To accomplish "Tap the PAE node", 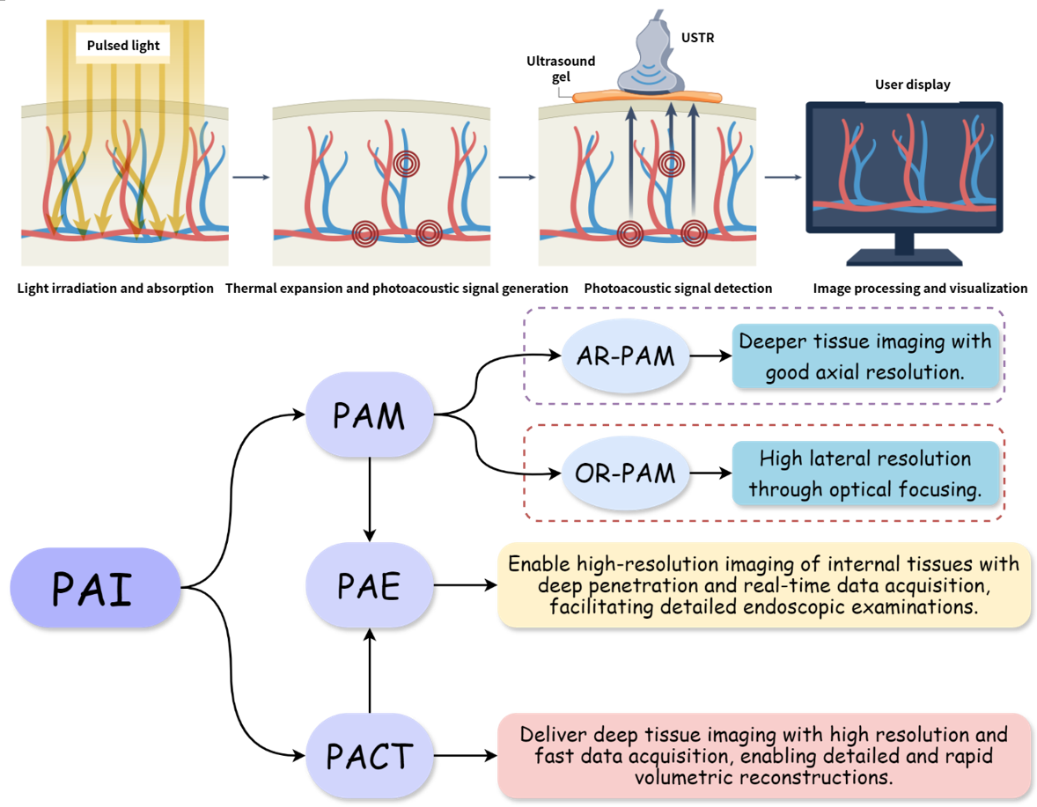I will (x=370, y=584).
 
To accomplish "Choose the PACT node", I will (x=370, y=755).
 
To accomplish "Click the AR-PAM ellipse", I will (x=625, y=356).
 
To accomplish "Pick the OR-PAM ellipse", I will (x=625, y=474).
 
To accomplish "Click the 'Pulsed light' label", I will (x=123, y=46).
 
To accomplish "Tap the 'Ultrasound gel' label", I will (x=561, y=69).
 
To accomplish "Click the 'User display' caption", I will (x=912, y=84).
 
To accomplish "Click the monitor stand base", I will (x=904, y=257).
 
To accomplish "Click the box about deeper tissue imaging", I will (x=866, y=356).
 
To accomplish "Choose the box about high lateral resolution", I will (x=866, y=473).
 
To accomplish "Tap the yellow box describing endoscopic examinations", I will (x=764, y=585).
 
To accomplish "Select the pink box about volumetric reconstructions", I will (x=764, y=755).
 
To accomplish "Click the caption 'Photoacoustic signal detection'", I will (x=678, y=289).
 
